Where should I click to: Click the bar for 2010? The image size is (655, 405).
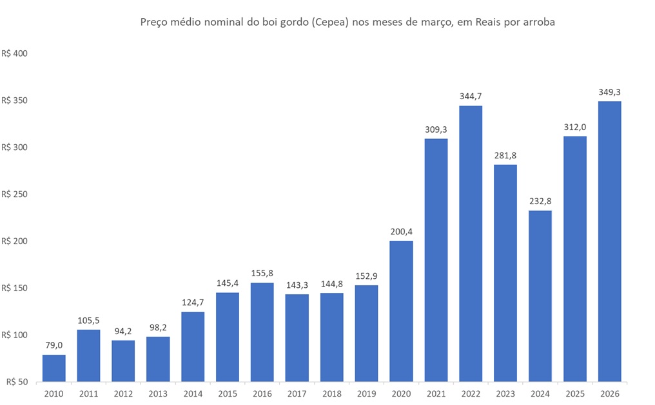[x=54, y=368]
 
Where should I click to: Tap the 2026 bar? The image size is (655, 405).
[x=609, y=241]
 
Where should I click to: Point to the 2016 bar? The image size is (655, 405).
[x=262, y=332]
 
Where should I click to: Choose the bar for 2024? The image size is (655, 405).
[x=540, y=296]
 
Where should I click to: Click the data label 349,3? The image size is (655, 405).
[x=609, y=92]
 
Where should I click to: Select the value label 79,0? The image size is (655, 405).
[x=54, y=346]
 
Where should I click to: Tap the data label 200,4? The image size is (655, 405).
[x=401, y=232]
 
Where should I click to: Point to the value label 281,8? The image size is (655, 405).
[x=505, y=155]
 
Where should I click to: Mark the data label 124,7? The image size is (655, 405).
[x=193, y=303]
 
